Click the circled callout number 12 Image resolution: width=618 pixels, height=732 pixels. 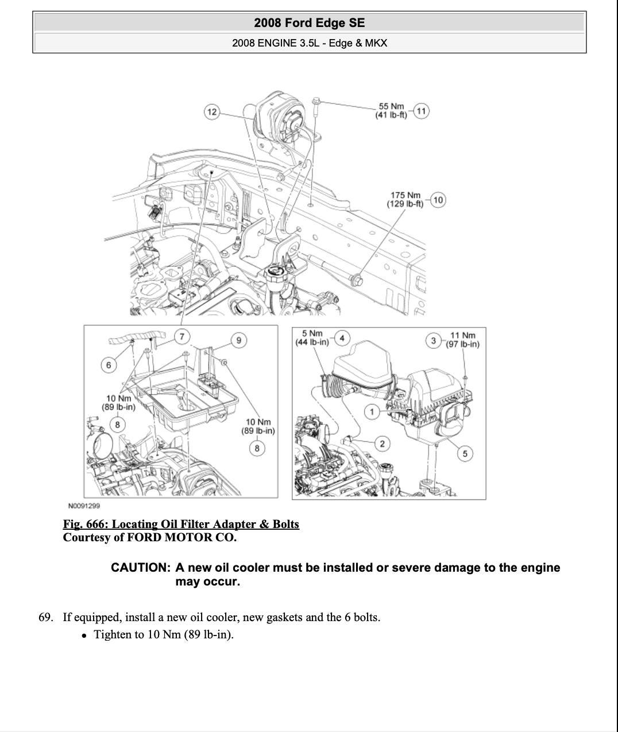[213, 111]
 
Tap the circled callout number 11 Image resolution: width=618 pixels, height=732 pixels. [421, 111]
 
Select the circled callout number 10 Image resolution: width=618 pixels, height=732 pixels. [438, 200]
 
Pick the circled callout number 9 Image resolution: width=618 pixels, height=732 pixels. [239, 340]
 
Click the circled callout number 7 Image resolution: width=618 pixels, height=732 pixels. [182, 336]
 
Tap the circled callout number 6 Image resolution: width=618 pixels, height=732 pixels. [109, 364]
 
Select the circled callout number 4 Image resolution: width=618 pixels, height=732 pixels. [342, 338]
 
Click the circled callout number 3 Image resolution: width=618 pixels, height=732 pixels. [434, 340]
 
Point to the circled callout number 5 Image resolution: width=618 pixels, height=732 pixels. [465, 454]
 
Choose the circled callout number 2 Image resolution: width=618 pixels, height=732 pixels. [382, 443]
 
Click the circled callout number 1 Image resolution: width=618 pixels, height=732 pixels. [372, 411]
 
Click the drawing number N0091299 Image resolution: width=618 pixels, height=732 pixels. [84, 506]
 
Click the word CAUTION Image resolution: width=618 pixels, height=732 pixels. [141, 568]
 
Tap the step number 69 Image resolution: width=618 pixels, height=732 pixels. [46, 618]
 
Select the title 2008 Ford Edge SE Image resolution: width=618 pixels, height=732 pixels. [309, 23]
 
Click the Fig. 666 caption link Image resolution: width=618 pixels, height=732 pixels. [181, 524]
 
